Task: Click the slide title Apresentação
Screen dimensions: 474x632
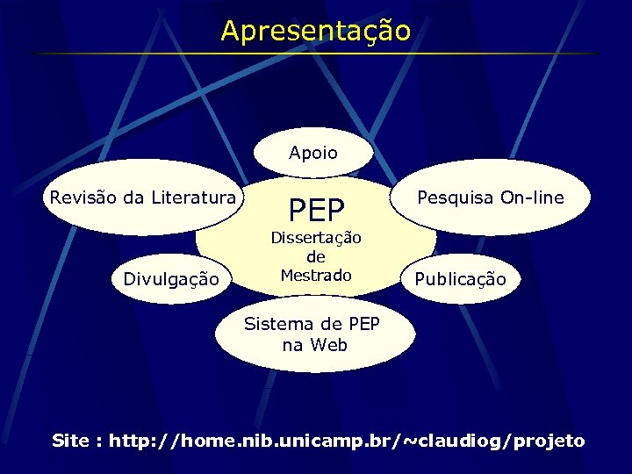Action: point(315,31)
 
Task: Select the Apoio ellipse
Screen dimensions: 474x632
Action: point(313,153)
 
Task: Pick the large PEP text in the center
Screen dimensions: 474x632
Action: point(317,210)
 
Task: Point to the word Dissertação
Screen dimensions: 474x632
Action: point(316,238)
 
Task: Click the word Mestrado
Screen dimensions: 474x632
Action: point(316,275)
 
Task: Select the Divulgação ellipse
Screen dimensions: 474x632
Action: point(171,279)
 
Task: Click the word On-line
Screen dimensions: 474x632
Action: point(531,197)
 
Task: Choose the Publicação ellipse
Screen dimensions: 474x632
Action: point(460,279)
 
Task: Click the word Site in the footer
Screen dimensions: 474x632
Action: point(71,441)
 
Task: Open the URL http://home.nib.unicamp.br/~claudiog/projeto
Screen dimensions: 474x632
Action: point(346,441)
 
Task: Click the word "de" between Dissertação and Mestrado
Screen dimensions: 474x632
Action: point(316,256)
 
